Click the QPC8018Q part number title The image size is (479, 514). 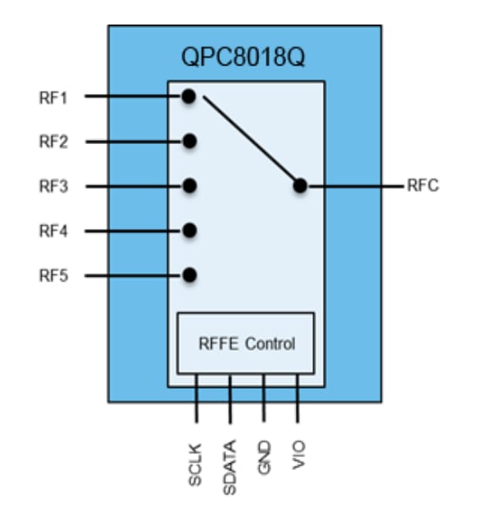pyautogui.click(x=243, y=57)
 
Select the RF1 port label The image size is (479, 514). pyautogui.click(x=53, y=97)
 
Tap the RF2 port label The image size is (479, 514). pyautogui.click(x=53, y=142)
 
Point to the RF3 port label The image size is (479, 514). pyautogui.click(x=53, y=186)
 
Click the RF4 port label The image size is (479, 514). pyautogui.click(x=53, y=231)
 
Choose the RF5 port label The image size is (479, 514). pyautogui.click(x=53, y=275)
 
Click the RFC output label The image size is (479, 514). pyautogui.click(x=423, y=186)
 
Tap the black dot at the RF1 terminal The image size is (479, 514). pyautogui.click(x=189, y=97)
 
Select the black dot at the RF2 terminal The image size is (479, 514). pyautogui.click(x=189, y=142)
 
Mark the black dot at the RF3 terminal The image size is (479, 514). pyautogui.click(x=189, y=186)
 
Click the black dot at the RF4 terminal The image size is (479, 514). pyautogui.click(x=189, y=231)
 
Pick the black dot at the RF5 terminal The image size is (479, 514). pyautogui.click(x=189, y=275)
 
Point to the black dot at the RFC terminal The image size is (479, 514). pyautogui.click(x=300, y=186)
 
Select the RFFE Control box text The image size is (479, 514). pyautogui.click(x=247, y=343)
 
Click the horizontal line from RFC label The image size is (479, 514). pyautogui.click(x=356, y=186)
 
